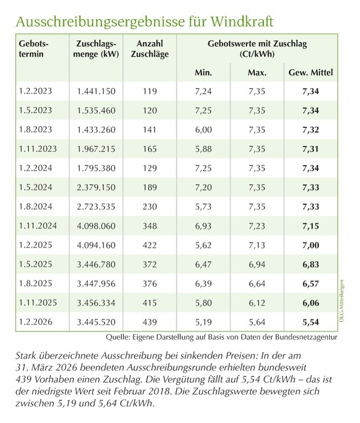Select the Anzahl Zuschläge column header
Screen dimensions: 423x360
(150, 49)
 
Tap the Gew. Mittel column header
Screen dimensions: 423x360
(311, 72)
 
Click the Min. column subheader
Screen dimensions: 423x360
(203, 72)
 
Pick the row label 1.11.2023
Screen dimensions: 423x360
(37, 149)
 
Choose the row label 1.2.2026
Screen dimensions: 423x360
(35, 322)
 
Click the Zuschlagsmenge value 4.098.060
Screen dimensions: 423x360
(96, 226)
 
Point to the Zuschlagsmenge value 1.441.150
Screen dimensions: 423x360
(96, 91)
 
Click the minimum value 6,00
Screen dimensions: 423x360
(203, 130)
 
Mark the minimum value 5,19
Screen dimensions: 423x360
(203, 322)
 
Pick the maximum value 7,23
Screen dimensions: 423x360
(257, 226)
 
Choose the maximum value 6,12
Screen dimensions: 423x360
(257, 302)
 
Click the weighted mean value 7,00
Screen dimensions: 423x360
(311, 245)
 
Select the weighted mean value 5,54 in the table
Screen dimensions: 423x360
(311, 322)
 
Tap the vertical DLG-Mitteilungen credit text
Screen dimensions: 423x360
(342, 302)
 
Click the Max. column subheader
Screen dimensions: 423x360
(257, 72)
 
